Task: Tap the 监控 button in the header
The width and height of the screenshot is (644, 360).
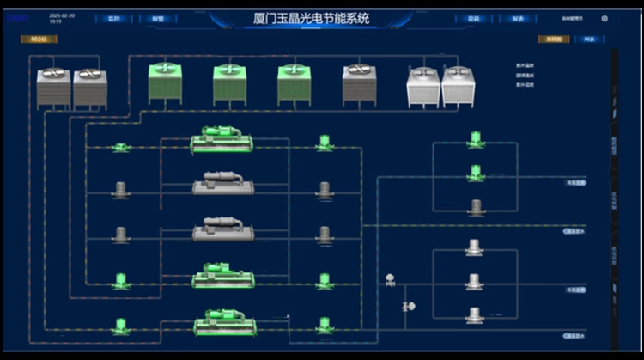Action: (x=114, y=18)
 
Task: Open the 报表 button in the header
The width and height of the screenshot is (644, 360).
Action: (x=517, y=18)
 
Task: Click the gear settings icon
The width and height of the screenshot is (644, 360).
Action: (x=605, y=18)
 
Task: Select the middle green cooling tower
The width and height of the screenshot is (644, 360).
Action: (x=229, y=82)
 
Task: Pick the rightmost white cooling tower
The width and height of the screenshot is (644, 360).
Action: (x=458, y=86)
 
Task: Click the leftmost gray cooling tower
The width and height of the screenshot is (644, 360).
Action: (x=53, y=87)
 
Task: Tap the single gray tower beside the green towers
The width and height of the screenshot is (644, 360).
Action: (x=359, y=82)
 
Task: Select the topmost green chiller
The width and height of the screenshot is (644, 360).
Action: (x=222, y=141)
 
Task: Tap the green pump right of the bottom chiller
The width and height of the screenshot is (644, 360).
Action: (x=324, y=325)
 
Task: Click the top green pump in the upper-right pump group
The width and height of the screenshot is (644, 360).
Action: (x=475, y=138)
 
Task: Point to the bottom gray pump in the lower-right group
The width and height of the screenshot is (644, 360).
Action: (x=474, y=314)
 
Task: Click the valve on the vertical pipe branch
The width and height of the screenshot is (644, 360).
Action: (x=408, y=306)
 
